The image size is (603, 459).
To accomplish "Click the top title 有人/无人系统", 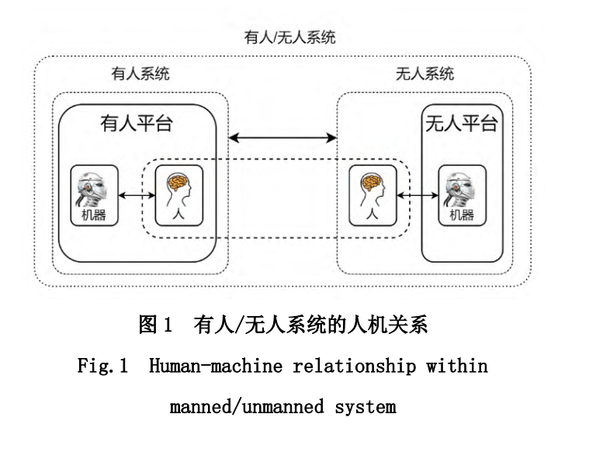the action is tap(289, 37).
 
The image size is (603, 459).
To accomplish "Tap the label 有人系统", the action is tap(140, 74).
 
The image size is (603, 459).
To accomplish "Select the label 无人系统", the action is tap(425, 74).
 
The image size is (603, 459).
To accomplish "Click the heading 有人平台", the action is tap(137, 123).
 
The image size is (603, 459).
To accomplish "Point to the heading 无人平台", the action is tap(462, 123).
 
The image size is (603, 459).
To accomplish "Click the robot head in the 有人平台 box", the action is tap(92, 190).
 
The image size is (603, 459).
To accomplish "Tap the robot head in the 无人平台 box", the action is tap(459, 190).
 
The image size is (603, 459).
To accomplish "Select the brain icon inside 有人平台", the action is tap(178, 182).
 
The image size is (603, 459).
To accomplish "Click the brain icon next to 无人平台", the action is tap(371, 182).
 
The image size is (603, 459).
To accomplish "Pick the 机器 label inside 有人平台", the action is tap(93, 214).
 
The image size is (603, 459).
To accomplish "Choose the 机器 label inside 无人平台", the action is tap(462, 214).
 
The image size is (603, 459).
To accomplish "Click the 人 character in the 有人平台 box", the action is tap(178, 214).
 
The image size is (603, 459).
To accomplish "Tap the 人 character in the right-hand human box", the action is tap(372, 214).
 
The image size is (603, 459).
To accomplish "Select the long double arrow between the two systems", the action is tap(282, 137).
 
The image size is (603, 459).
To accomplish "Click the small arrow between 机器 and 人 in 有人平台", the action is tap(137, 196).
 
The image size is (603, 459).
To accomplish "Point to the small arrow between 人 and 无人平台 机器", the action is tap(418, 196).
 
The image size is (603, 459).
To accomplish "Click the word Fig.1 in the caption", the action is tap(102, 366).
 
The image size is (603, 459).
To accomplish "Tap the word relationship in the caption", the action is tap(355, 366).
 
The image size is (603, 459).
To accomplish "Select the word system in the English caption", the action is tap(366, 408).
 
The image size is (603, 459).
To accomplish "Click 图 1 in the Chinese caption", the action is tap(154, 324).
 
